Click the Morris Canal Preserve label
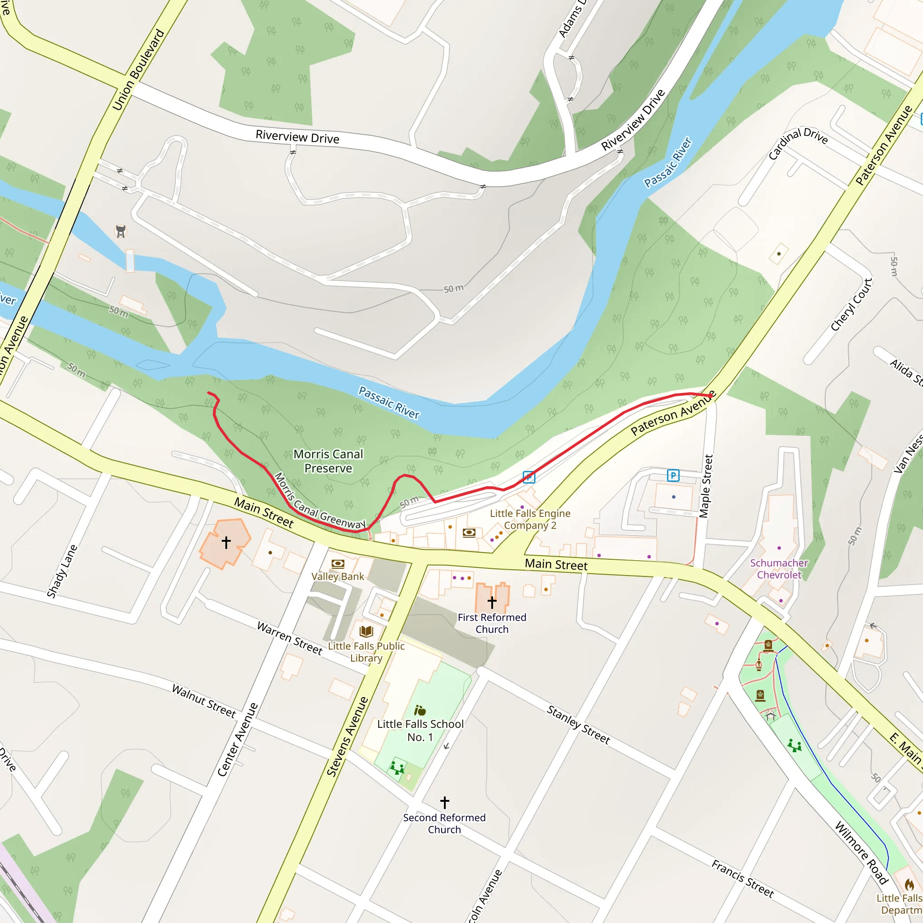pos(328,461)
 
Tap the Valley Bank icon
pos(338,564)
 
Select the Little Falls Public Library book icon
pos(366,631)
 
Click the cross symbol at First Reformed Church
pos(492,602)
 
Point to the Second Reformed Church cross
pos(445,802)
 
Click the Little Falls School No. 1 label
pos(420,731)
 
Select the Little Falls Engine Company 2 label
pos(530,519)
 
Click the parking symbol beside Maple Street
pos(673,475)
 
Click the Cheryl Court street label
pos(851,305)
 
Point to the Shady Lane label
pos(62,571)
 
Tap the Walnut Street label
pos(204,701)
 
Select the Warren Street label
pos(289,637)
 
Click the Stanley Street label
pos(578,725)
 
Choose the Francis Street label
pos(742,878)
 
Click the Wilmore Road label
pos(861,853)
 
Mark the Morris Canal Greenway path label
pos(320,502)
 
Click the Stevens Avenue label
pos(347,736)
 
